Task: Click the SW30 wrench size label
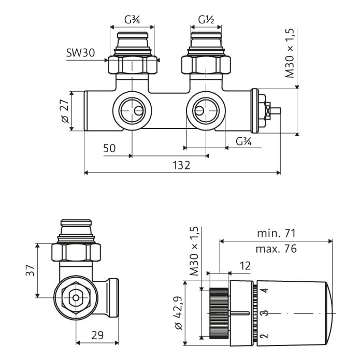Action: coord(80,53)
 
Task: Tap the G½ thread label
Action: coord(206,20)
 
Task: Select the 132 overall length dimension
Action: coord(181,165)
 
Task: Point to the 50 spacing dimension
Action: coord(109,148)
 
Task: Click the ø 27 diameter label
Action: coord(65,111)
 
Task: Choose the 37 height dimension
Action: coord(30,270)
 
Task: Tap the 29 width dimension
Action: coord(97,335)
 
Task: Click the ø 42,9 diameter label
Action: coord(179,313)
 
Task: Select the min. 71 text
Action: coord(276,234)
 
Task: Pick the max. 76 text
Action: coord(276,249)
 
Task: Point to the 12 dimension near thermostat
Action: coord(245,266)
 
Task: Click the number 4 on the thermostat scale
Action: coord(265,290)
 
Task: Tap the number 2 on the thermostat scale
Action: coord(265,336)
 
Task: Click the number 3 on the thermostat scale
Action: coord(265,313)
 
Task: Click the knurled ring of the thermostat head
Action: coord(219,313)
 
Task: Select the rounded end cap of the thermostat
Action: coord(329,313)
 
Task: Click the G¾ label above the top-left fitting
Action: coord(132,20)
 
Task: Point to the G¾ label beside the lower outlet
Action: coord(243,141)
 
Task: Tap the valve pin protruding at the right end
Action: coord(276,111)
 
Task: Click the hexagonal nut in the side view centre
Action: coord(76,298)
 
